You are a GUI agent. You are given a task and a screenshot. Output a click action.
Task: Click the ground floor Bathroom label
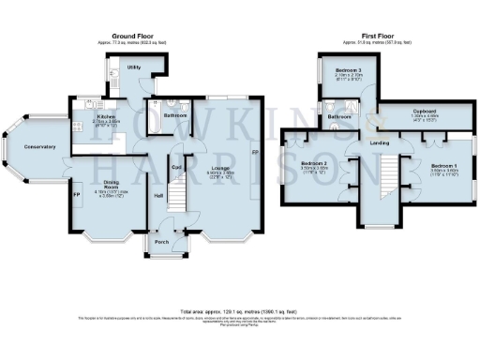(x=175, y=115)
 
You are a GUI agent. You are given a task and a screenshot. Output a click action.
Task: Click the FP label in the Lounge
(x=253, y=152)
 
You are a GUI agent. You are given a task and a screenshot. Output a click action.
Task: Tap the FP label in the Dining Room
(x=77, y=195)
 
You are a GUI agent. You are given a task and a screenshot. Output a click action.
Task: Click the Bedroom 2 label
(x=314, y=163)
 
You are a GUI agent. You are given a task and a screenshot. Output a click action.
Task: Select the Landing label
(x=380, y=142)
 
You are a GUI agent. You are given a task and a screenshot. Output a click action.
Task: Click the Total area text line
(x=239, y=310)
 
